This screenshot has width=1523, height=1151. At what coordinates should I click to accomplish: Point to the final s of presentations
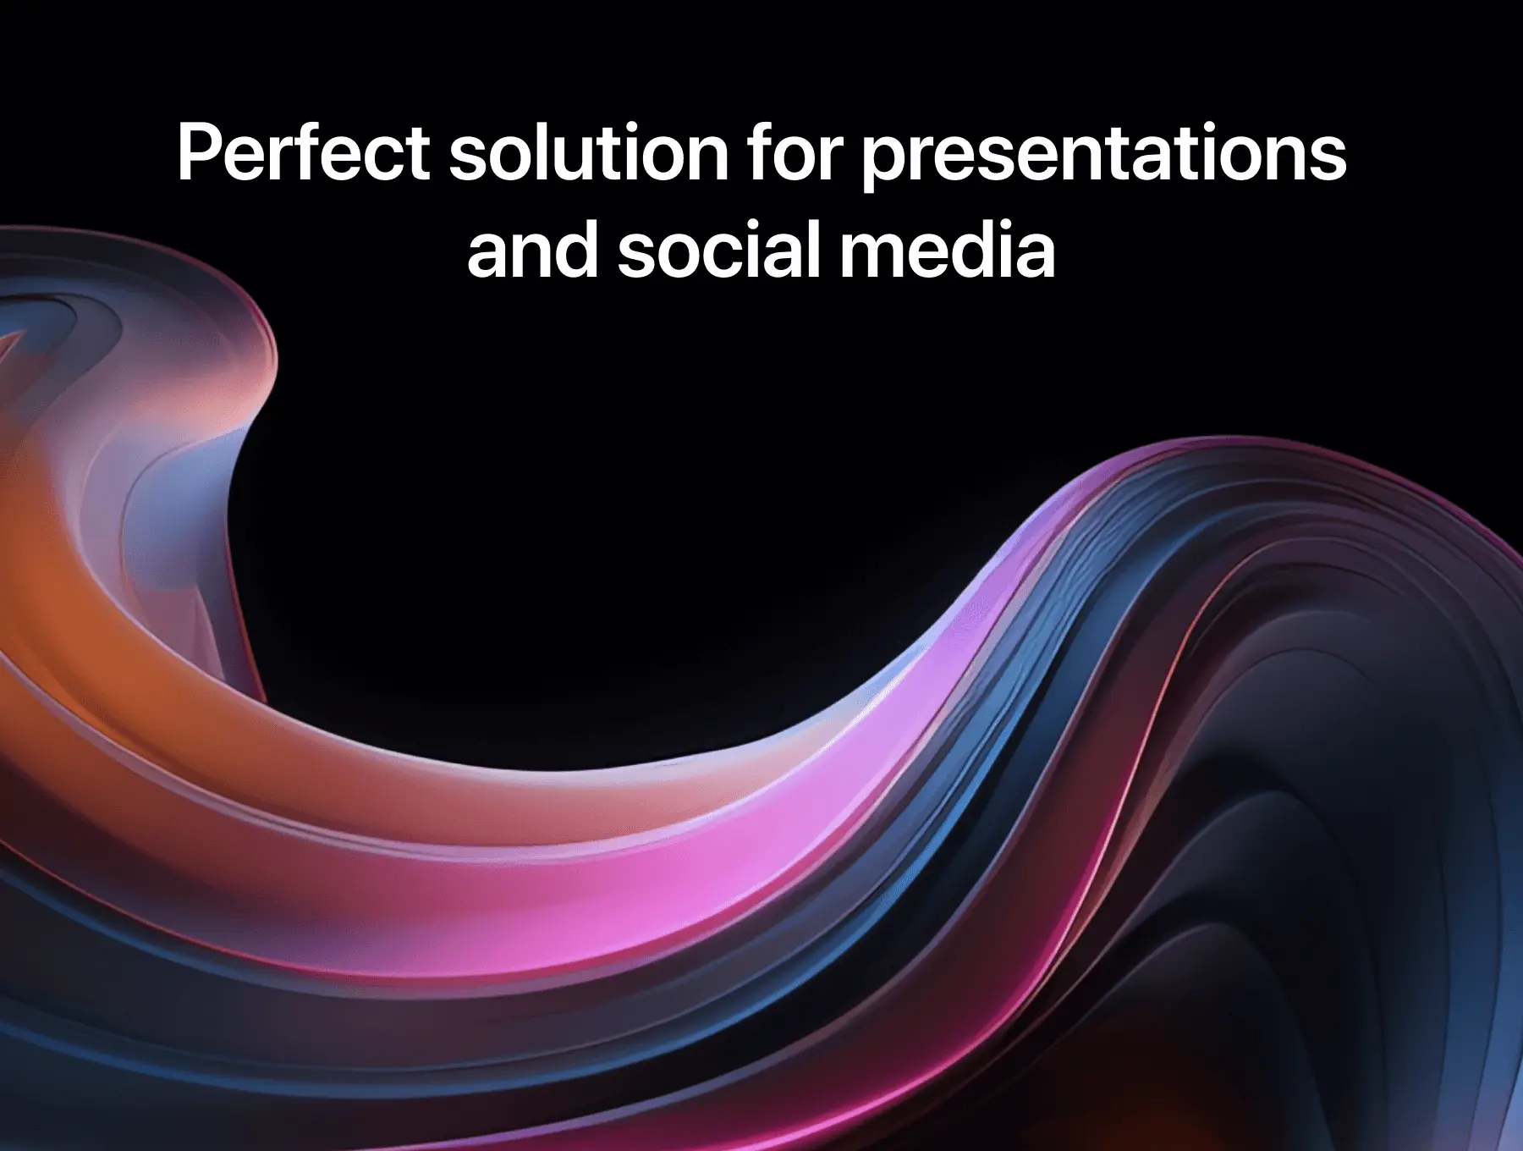coord(1328,161)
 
